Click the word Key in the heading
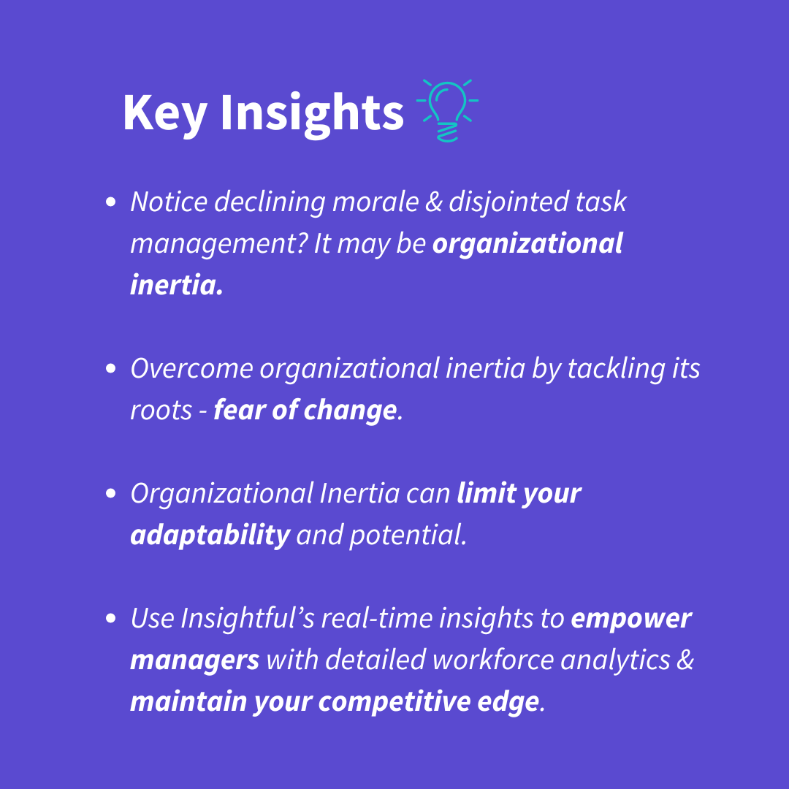(165, 113)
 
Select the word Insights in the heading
(312, 114)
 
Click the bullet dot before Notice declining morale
(111, 202)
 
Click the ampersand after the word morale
(434, 202)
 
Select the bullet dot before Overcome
(111, 368)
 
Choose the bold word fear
(240, 410)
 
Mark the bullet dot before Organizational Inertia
(111, 493)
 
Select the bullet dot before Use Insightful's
(111, 618)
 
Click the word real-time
(377, 618)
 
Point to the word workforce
(493, 660)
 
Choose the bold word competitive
(394, 703)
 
